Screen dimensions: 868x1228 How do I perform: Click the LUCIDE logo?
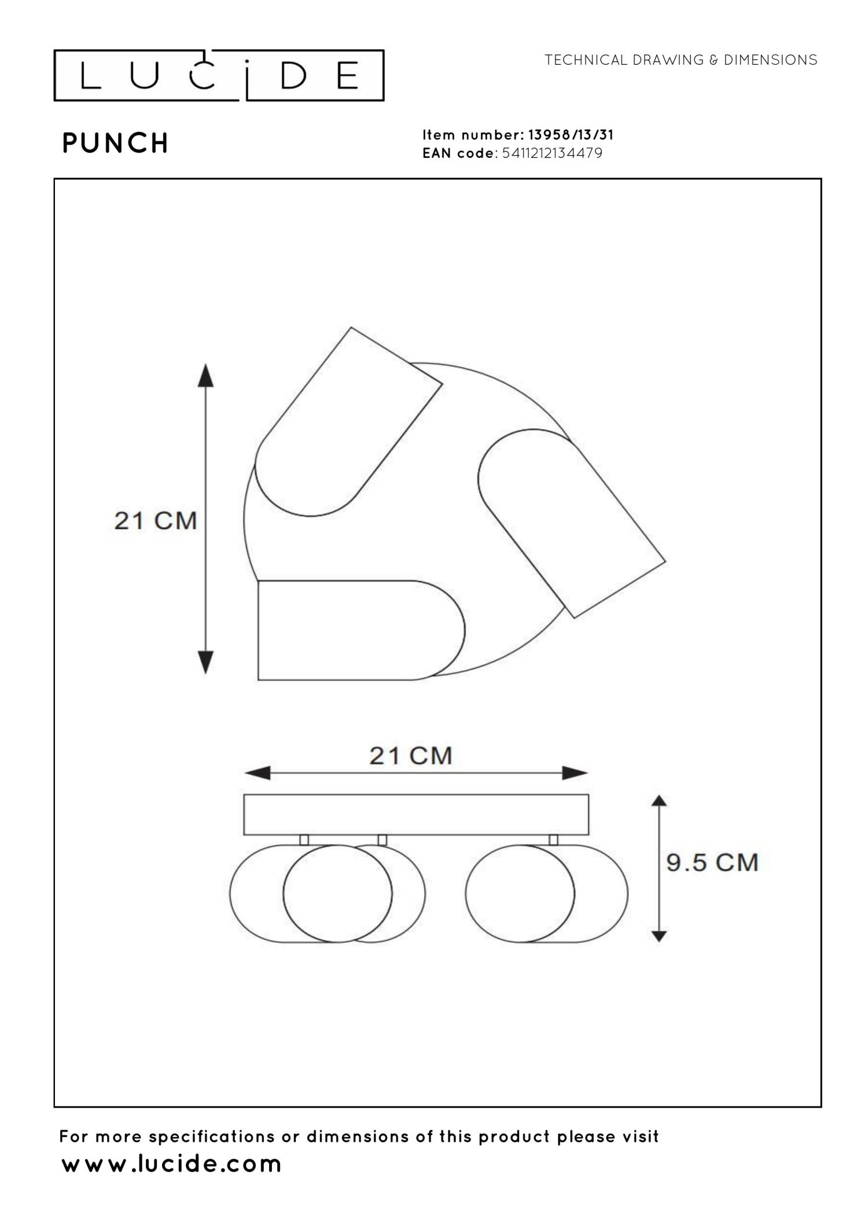click(x=219, y=75)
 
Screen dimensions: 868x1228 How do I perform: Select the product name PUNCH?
click(x=115, y=143)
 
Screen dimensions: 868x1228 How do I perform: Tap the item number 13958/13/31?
click(x=571, y=135)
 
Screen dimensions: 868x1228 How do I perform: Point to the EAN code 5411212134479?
click(x=552, y=153)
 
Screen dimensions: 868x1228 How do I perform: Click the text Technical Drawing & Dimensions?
click(x=681, y=60)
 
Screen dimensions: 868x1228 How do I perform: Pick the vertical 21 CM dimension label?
click(x=156, y=521)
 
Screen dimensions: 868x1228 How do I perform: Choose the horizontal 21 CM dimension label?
click(x=411, y=756)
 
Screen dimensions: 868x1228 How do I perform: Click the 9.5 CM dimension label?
click(x=712, y=862)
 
